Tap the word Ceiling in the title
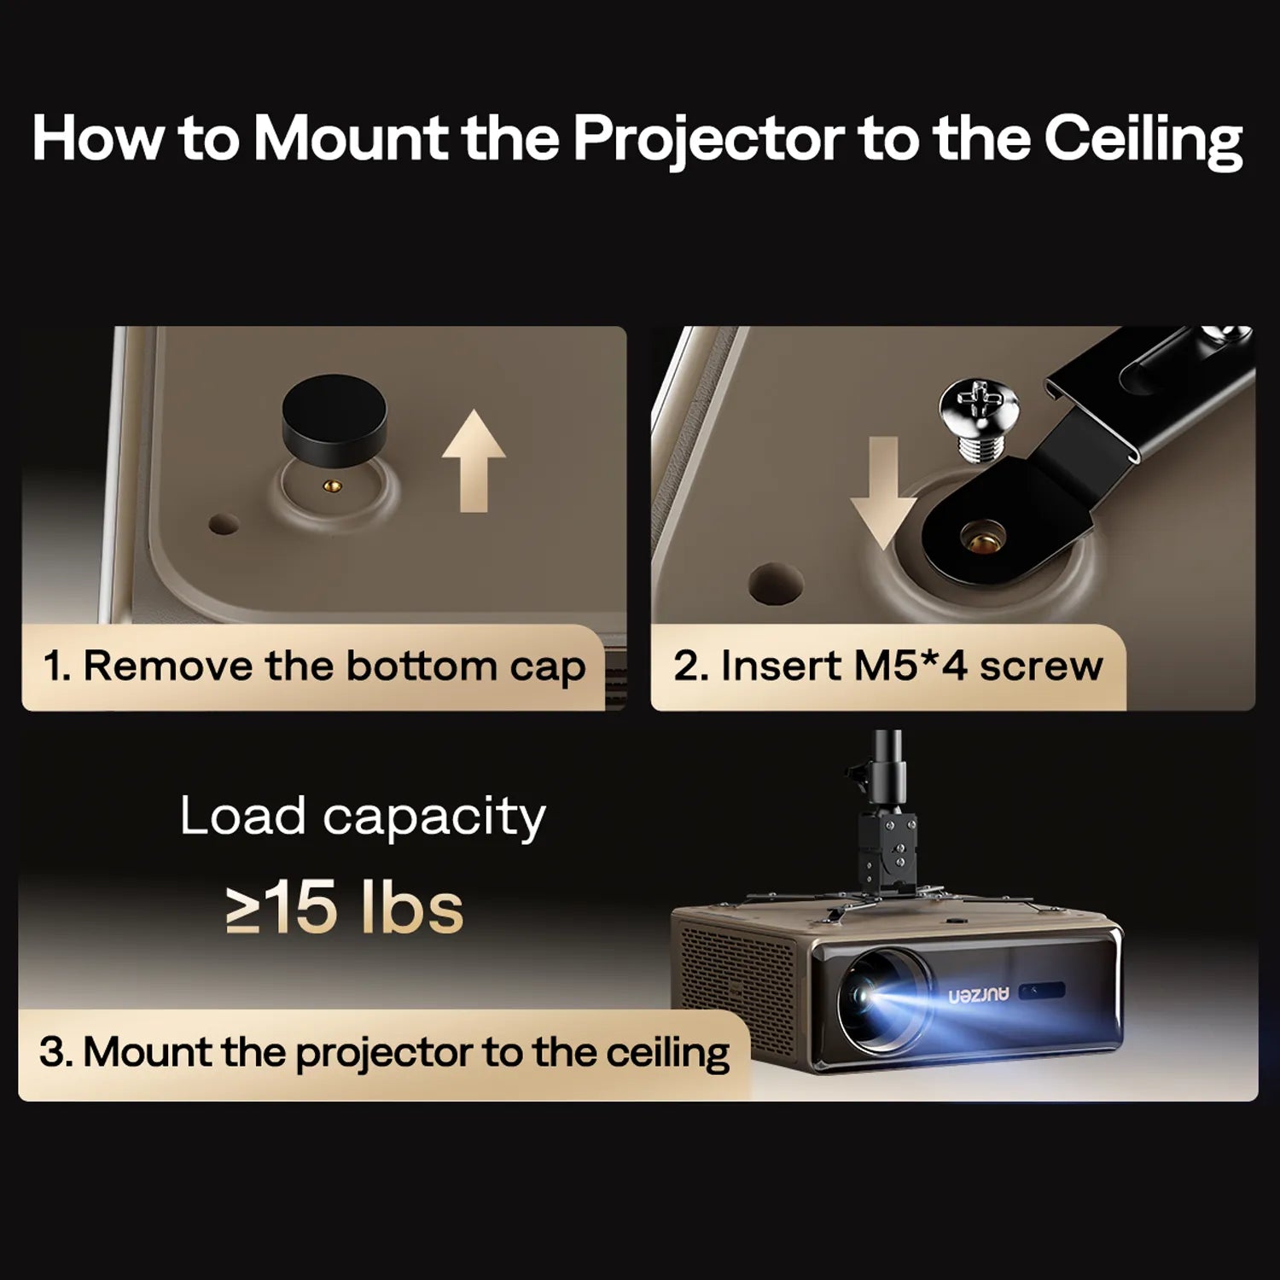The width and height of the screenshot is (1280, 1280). [x=1143, y=138]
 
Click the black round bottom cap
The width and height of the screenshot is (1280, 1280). [x=334, y=419]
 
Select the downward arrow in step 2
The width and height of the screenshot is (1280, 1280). [x=885, y=491]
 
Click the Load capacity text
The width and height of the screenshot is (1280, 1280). [x=362, y=817]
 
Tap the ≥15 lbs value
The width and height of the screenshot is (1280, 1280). [x=346, y=908]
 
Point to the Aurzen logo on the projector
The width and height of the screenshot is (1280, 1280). [x=978, y=994]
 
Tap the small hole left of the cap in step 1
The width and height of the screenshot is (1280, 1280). [x=224, y=523]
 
